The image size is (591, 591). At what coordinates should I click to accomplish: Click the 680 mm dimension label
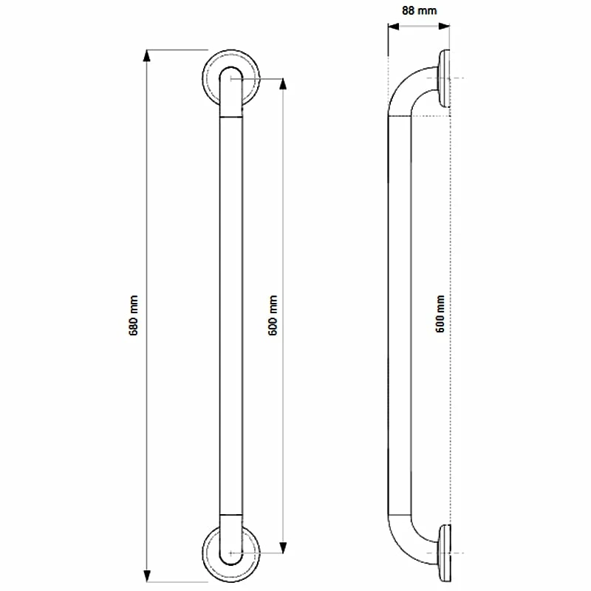(134, 316)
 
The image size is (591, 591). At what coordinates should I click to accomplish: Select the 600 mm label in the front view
(273, 316)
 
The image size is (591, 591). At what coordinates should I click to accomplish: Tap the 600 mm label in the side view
(440, 316)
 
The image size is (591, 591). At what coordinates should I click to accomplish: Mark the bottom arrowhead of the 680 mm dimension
(148, 575)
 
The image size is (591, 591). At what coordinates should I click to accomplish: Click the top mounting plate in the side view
(444, 78)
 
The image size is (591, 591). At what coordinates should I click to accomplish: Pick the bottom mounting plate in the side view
(444, 553)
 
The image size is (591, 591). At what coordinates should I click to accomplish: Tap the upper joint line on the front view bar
(231, 117)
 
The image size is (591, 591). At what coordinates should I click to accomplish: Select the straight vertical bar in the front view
(231, 316)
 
